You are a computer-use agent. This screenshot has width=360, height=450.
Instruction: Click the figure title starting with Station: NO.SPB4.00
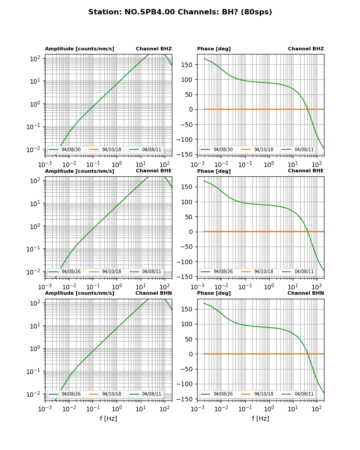pos(180,12)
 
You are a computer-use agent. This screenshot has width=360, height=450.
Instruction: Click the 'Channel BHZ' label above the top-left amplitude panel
pos(153,49)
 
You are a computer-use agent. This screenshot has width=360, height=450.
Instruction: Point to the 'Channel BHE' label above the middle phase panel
pos(306,171)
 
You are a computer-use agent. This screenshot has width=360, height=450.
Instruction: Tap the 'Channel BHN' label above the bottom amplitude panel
pos(153,293)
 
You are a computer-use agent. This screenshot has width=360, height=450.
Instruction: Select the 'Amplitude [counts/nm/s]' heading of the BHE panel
pos(79,171)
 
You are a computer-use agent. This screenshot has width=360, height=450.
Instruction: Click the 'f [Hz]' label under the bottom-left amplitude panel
pos(108,418)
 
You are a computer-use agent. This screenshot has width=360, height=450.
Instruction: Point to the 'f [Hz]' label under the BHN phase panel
pos(260,418)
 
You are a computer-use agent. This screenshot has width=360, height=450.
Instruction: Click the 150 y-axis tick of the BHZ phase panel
pos(187,64)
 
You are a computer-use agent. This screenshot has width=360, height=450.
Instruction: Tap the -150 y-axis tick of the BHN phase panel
pos(185,399)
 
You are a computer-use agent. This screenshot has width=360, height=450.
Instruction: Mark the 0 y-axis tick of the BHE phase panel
pos(191,232)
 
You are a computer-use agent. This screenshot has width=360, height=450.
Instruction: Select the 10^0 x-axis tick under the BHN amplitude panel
pos(117,409)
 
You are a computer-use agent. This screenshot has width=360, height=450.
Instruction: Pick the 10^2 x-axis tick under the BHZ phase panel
pos(316,164)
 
